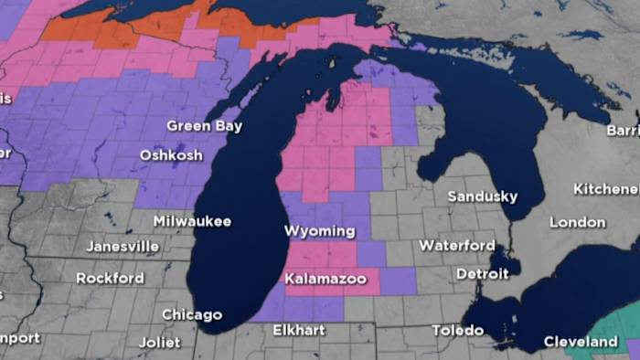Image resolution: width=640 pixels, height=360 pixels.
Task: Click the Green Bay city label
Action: coord(204,126)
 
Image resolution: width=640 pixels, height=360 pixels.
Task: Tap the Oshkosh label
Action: coord(171,155)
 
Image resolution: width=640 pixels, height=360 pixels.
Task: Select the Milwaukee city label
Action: coord(192,221)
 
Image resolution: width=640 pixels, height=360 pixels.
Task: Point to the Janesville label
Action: coord(123,247)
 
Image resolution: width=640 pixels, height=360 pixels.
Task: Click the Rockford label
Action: coord(110,278)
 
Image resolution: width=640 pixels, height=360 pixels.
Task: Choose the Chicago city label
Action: coord(192,314)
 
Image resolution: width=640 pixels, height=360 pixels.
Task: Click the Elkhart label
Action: coord(300,330)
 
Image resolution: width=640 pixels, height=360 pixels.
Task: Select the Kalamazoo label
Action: coord(325,278)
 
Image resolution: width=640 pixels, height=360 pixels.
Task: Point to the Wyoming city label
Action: coord(320,231)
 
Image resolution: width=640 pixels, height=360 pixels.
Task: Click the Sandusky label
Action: coord(483,196)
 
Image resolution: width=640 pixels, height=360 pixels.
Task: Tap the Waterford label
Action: coord(457,245)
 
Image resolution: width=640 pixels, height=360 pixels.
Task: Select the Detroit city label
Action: coord(482,274)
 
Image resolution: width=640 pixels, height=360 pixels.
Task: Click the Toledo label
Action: coord(458,330)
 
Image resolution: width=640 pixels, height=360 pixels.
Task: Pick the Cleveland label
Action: coord(581,342)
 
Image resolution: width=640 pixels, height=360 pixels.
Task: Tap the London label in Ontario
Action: coord(577,222)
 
